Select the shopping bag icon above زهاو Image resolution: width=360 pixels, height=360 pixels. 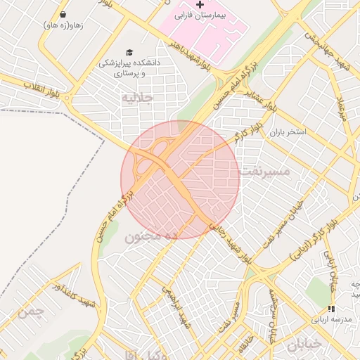point(63,14)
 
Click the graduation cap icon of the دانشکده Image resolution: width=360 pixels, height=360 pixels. point(129,52)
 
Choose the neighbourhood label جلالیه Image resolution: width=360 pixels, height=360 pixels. point(137,97)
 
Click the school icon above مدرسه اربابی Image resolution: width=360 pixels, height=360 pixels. point(331,309)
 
